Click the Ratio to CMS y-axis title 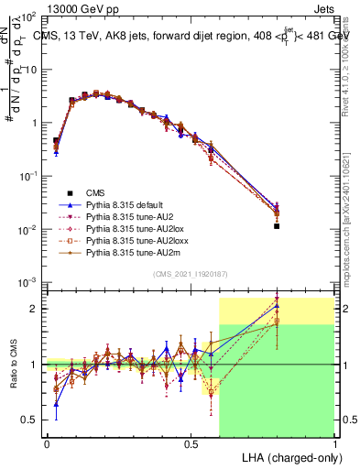(12, 364)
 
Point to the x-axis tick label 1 (335, 442)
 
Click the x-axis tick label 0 (46, 442)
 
